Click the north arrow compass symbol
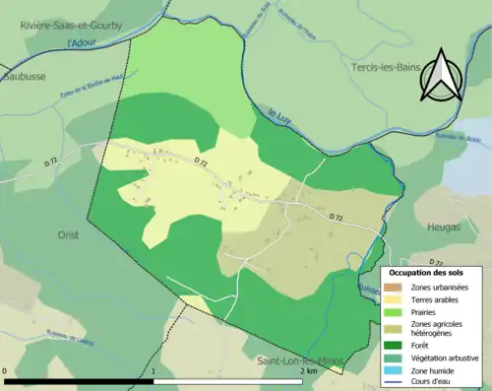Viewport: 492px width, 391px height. pyautogui.click(x=440, y=76)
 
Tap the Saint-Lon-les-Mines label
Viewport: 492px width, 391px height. pyautogui.click(x=294, y=362)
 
